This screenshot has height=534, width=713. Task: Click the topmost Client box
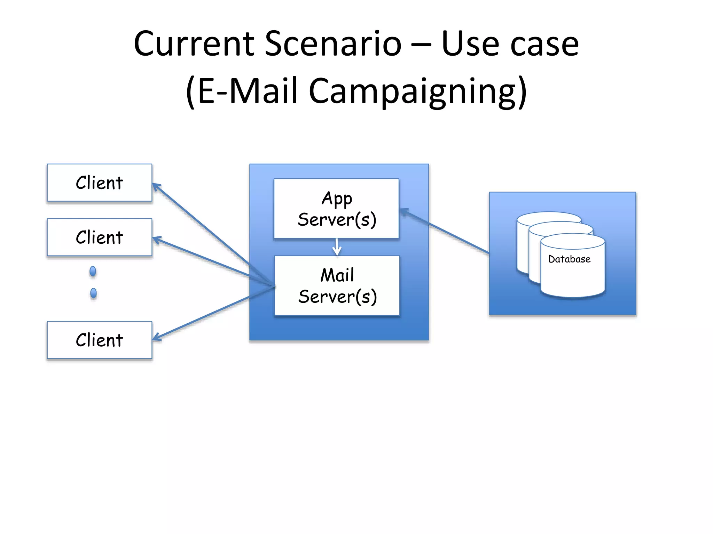[x=100, y=183]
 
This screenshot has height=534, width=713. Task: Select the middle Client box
[x=100, y=237]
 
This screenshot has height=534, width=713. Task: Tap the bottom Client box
[x=100, y=340]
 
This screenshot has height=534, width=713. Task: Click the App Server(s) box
[x=336, y=209]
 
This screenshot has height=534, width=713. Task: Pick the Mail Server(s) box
[x=337, y=286]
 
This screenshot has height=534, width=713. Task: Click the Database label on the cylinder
[x=569, y=259]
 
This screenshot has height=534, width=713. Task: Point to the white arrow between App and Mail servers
[x=337, y=248]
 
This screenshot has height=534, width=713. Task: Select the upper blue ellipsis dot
[x=93, y=271]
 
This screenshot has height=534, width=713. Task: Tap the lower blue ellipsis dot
[x=93, y=293]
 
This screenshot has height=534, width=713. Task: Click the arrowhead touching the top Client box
[x=156, y=187]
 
